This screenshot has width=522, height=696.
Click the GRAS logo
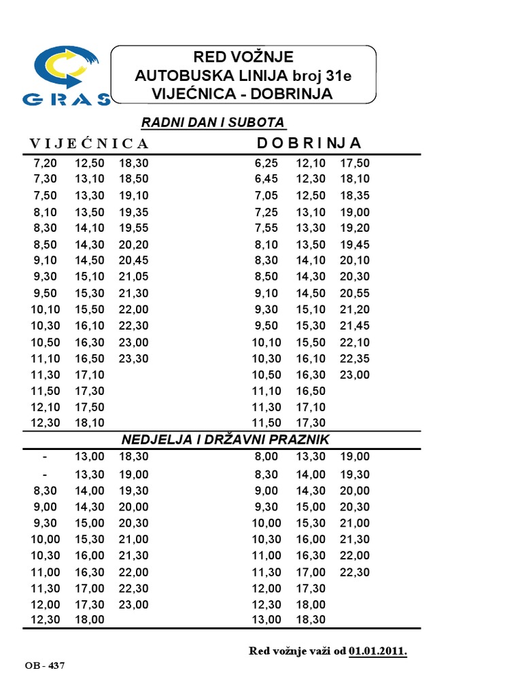(x=66, y=76)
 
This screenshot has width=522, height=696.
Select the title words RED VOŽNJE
(x=243, y=56)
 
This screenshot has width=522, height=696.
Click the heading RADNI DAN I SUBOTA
(x=213, y=122)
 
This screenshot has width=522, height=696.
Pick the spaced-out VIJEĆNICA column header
(x=88, y=143)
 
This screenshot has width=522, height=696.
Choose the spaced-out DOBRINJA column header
(x=309, y=143)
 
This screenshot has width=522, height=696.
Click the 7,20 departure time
(x=46, y=163)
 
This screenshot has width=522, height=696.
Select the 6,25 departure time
(x=267, y=163)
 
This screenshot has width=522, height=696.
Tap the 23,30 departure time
(x=133, y=358)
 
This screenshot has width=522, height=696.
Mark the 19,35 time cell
(x=133, y=212)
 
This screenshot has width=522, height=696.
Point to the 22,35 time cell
(x=354, y=358)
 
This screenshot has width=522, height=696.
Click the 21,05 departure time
(x=133, y=277)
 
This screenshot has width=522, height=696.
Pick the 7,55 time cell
(x=267, y=228)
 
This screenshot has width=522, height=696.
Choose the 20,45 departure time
(x=133, y=260)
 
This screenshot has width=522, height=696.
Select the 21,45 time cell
(x=354, y=326)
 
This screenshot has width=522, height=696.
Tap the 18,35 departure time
(x=354, y=195)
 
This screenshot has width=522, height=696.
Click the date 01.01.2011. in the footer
(x=379, y=651)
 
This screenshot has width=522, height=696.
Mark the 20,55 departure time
(x=354, y=293)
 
